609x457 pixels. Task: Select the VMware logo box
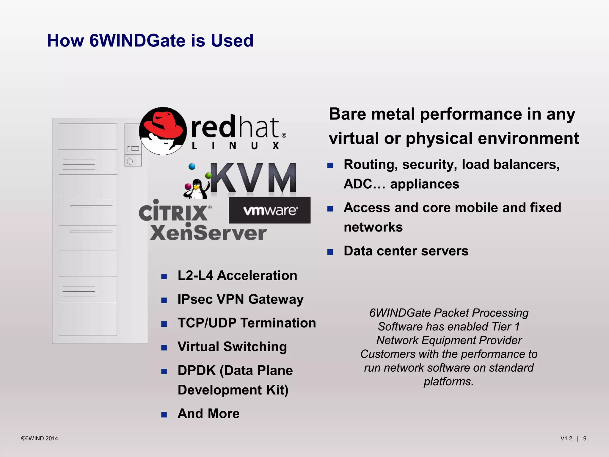(x=269, y=210)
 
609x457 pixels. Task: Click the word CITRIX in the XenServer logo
(x=173, y=212)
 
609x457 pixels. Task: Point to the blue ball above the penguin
(x=192, y=167)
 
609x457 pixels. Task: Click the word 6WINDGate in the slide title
(x=138, y=40)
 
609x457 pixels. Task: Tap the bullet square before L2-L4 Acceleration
(x=164, y=277)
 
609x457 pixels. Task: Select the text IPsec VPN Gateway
(x=240, y=299)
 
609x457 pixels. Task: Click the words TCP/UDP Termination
(x=247, y=323)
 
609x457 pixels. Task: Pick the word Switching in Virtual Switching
(x=255, y=347)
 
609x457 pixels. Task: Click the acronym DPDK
(x=197, y=371)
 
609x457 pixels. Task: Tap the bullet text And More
(x=208, y=414)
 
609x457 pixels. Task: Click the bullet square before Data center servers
(x=330, y=252)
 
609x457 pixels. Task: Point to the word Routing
(x=370, y=165)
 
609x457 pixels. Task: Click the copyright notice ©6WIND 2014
(x=40, y=439)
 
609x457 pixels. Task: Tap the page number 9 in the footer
(x=585, y=439)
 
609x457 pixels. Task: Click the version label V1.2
(x=566, y=439)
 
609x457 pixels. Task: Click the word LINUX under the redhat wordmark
(x=235, y=146)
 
